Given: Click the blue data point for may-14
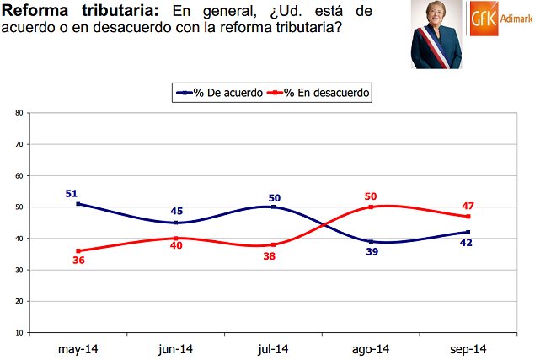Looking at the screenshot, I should point(78,204).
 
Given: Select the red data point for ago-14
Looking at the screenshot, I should point(370,207).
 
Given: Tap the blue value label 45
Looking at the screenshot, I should point(175,211).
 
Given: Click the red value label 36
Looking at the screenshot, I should point(78,261).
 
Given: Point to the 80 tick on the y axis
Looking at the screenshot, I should point(18,113).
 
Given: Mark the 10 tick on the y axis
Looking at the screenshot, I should point(18,333).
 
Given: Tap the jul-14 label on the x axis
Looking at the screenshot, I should point(273,348).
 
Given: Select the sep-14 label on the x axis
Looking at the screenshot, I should point(468,348).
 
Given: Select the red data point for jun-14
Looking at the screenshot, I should point(175,239).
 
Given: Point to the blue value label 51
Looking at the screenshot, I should point(72,193).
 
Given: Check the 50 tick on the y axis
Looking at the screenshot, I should point(18,207).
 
